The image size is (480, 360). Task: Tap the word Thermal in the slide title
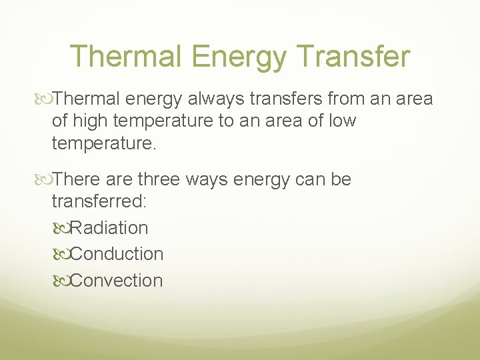[124, 57]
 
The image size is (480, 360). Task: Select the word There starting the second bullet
[77, 179]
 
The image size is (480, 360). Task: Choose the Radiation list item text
[109, 228]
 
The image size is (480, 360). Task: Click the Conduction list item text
[117, 254]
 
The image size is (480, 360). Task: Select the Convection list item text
[117, 281]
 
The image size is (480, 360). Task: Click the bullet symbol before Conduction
[61, 255]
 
